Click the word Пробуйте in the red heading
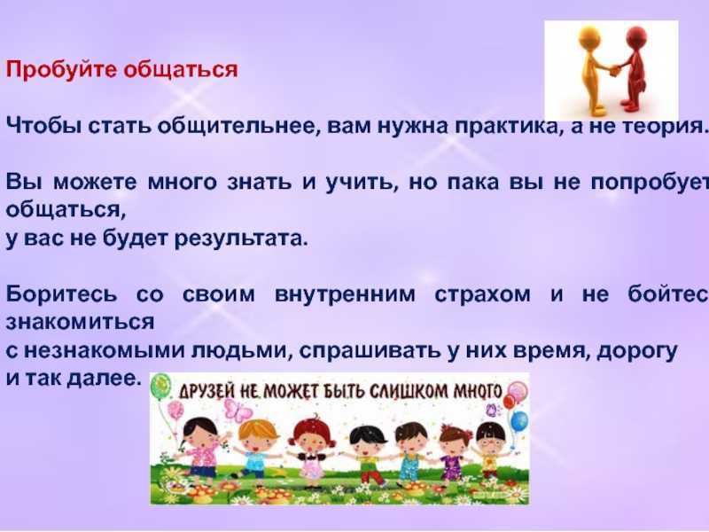[61, 70]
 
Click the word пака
[473, 183]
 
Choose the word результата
[240, 239]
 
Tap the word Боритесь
[61, 294]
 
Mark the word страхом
[482, 295]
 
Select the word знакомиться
[80, 323]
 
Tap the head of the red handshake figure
[636, 36]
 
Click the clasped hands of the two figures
[613, 71]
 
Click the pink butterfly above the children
[238, 411]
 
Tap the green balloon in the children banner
[160, 386]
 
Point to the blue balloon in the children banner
[519, 421]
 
